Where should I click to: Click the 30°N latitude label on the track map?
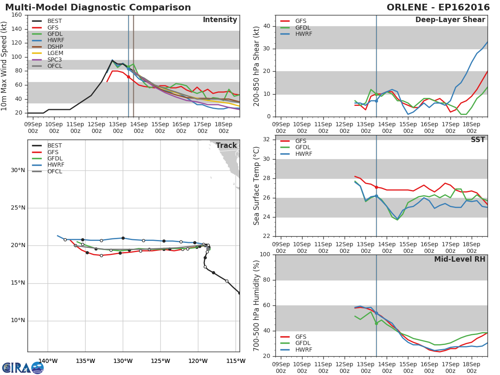(x=18, y=170)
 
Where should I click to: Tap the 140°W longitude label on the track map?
(x=47, y=361)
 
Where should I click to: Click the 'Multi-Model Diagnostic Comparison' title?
(x=98, y=7)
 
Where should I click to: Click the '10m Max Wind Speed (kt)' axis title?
(x=5, y=66)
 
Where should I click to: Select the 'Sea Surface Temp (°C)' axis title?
(x=256, y=186)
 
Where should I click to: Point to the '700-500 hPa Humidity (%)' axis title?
(x=256, y=305)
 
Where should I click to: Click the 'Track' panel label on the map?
(x=226, y=146)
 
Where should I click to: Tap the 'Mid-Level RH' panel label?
(x=460, y=259)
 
